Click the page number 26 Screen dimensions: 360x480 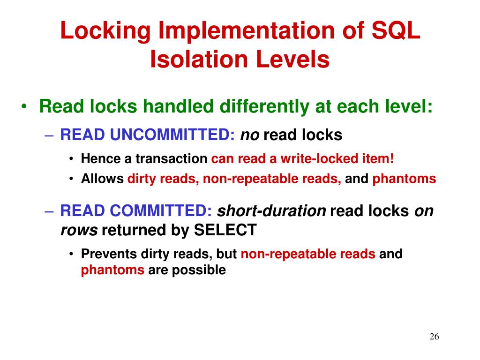[434, 337]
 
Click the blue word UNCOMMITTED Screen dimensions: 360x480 [172, 135]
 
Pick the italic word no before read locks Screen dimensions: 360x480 [249, 135]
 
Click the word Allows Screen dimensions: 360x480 [102, 179]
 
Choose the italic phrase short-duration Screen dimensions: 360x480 [272, 211]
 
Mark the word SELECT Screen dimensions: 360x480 [225, 230]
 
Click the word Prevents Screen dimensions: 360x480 [109, 254]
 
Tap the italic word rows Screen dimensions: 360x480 [79, 230]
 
